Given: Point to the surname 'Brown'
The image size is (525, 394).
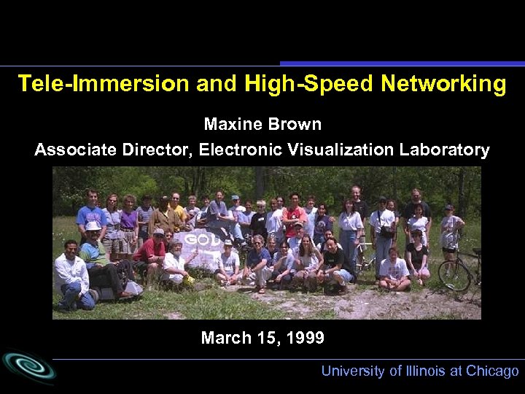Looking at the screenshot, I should click(295, 124).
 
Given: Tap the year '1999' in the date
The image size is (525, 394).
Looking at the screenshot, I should click(304, 338).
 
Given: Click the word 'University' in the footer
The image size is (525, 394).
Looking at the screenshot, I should click(353, 371).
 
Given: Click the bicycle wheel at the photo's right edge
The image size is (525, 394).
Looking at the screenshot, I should click(454, 275).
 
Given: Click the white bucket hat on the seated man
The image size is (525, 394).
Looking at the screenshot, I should click(93, 226).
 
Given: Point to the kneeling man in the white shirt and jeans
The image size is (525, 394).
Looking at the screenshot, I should click(72, 274).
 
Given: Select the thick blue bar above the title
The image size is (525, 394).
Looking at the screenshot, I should click(401, 63).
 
